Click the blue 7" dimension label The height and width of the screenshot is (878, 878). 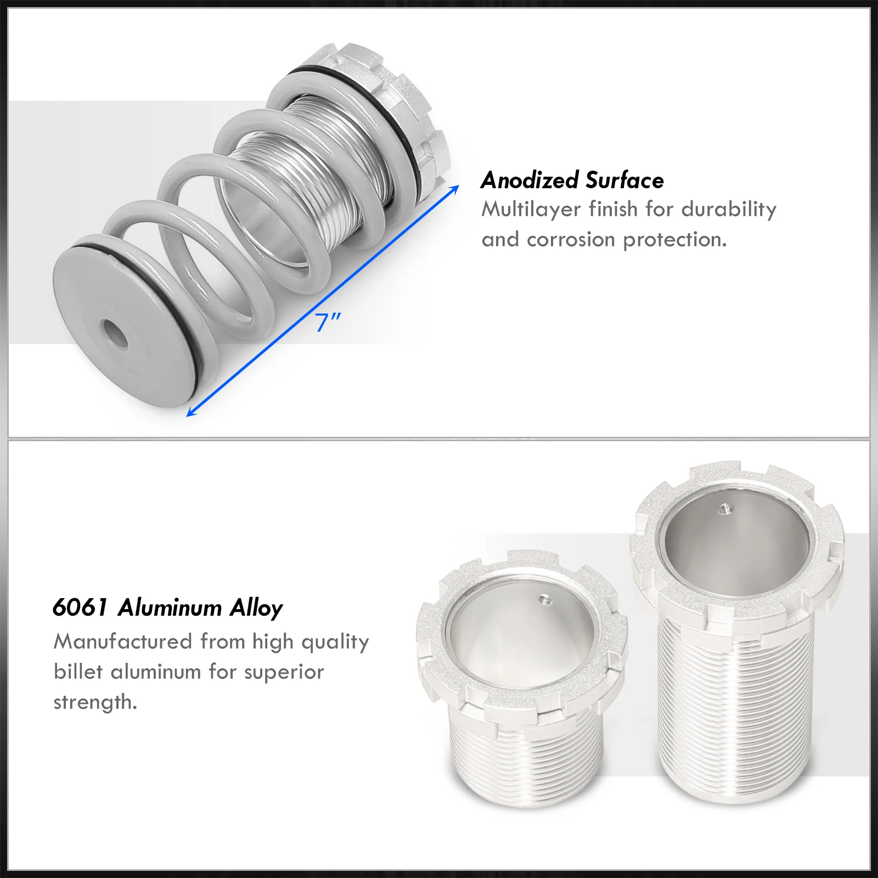point(328,322)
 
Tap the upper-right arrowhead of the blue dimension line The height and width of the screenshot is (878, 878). point(454,189)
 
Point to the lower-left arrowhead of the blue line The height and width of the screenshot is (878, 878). point(192,412)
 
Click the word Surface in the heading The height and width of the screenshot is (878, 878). point(624,180)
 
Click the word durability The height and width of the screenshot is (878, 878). point(729,210)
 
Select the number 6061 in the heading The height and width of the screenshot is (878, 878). point(80,608)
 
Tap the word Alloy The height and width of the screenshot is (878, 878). point(256,609)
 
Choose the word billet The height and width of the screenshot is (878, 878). point(78,672)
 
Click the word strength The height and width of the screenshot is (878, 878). point(95,702)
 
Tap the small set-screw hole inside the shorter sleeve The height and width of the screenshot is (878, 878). point(544,599)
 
